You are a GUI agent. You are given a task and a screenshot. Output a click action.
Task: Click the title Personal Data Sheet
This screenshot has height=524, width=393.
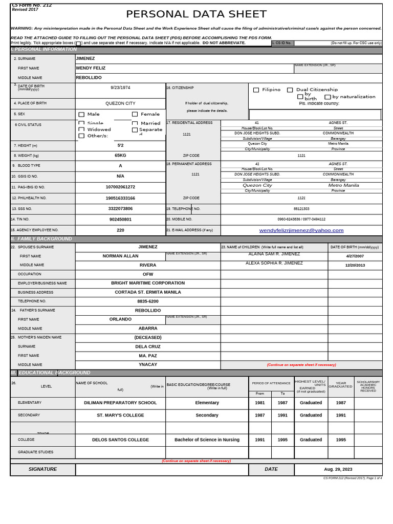click(196, 14)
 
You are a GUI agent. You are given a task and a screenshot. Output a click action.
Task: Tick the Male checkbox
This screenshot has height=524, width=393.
click(81, 115)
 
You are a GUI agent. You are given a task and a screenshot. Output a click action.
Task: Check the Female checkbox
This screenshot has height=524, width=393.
click(135, 115)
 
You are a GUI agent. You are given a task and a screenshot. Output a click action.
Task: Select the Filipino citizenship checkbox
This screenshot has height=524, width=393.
click(256, 90)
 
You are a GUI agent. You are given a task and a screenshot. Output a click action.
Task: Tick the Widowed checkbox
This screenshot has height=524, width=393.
click(81, 129)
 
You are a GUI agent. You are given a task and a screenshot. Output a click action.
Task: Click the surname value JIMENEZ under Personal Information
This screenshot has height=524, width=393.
click(85, 58)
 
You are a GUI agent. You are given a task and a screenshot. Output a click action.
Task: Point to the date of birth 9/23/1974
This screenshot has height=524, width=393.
click(120, 88)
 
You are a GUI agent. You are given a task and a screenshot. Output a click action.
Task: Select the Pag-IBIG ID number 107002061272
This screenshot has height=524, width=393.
click(120, 187)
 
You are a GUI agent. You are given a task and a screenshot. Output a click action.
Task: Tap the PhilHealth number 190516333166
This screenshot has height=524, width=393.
click(120, 198)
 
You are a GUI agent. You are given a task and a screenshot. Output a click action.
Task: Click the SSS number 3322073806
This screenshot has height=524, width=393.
click(120, 209)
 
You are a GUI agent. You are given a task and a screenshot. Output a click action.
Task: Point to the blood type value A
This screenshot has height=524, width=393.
click(120, 166)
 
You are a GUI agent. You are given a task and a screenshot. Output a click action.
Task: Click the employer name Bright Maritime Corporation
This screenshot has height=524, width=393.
click(148, 283)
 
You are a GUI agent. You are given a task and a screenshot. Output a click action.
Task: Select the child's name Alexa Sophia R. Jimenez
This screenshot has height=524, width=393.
click(274, 263)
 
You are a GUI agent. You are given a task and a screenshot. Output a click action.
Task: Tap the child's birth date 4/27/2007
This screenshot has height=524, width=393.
click(355, 256)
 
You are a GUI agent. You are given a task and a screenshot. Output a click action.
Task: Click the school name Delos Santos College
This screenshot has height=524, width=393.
click(120, 440)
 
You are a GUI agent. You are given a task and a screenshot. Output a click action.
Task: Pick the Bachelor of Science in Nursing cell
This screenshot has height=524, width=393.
click(207, 440)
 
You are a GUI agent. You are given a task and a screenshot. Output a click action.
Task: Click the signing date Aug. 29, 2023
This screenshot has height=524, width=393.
click(338, 469)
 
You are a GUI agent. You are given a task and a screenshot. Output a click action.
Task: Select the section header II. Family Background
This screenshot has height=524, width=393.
click(41, 239)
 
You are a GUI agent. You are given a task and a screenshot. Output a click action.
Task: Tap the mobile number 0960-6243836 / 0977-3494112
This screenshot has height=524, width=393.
click(301, 219)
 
